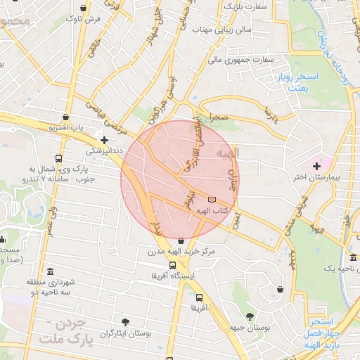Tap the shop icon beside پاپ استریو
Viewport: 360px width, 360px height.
pyautogui.click(x=66, y=117)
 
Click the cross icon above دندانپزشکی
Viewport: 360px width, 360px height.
pyautogui.click(x=104, y=140)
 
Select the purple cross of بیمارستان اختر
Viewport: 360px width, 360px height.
pyautogui.click(x=317, y=165)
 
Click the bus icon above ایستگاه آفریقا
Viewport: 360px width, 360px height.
pyautogui.click(x=173, y=265)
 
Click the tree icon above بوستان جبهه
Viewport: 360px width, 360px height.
pyautogui.click(x=250, y=316)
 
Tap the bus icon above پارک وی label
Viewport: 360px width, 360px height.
pyautogui.click(x=58, y=158)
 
